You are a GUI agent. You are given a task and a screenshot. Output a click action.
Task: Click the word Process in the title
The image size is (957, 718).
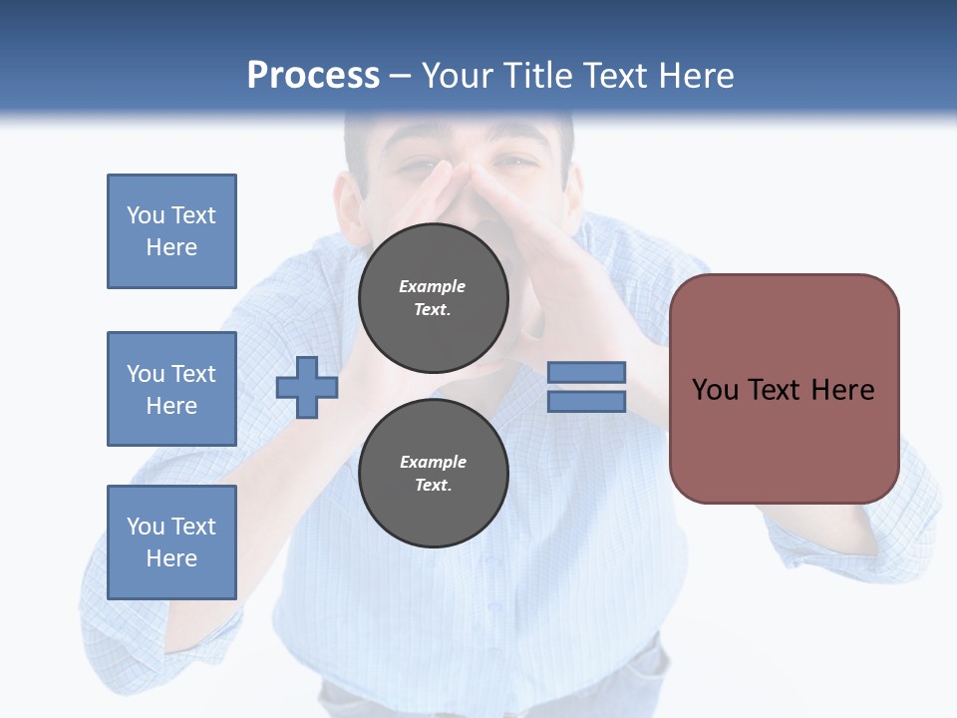click(x=313, y=76)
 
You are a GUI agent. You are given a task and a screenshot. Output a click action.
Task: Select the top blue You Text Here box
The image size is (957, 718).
click(x=171, y=231)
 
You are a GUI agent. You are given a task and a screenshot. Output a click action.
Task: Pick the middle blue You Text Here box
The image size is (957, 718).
click(x=171, y=389)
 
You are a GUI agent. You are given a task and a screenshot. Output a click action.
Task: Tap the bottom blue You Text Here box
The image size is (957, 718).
click(x=171, y=542)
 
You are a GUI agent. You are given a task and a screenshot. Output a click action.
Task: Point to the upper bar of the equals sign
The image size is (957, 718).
click(x=587, y=373)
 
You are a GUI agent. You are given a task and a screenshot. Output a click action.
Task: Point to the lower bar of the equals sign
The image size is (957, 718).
click(x=587, y=402)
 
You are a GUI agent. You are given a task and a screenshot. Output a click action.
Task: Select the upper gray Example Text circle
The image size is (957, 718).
click(x=433, y=298)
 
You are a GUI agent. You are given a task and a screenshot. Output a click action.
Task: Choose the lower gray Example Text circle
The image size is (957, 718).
click(x=433, y=473)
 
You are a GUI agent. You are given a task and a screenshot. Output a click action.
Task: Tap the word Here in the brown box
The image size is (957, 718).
click(x=843, y=390)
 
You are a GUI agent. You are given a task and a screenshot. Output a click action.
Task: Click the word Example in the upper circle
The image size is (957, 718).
click(x=433, y=286)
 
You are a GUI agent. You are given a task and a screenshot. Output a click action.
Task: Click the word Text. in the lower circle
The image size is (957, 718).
click(x=433, y=486)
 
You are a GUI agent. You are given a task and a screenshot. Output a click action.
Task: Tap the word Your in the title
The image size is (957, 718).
click(x=458, y=76)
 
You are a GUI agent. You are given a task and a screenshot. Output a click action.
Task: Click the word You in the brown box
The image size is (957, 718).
click(x=715, y=390)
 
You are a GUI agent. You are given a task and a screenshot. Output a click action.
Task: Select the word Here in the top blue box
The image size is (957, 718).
click(x=171, y=247)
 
